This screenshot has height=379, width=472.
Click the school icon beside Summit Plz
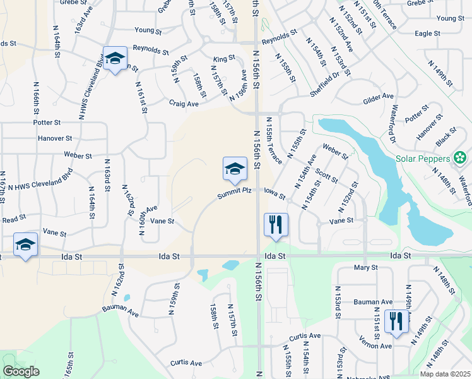tap(235, 169)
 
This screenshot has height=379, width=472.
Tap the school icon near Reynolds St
tap(114, 59)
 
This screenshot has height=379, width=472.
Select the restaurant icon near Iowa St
tap(276, 224)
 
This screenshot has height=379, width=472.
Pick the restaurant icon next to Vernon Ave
tap(396, 322)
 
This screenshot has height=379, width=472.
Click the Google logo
tap(21, 371)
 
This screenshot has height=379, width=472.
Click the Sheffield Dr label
tap(324, 83)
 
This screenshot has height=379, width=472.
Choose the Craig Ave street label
tap(184, 104)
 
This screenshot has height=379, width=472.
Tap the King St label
tap(224, 59)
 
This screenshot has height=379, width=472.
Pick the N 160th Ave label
tap(148, 218)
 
